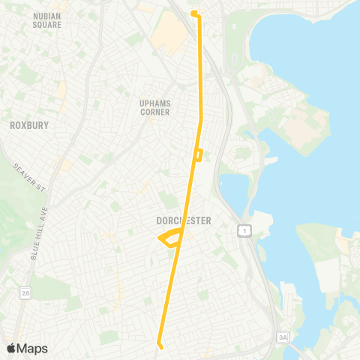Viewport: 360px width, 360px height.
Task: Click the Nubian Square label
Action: click(x=46, y=19)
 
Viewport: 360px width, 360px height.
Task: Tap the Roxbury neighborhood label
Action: click(x=28, y=125)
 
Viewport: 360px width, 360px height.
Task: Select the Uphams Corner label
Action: click(x=154, y=107)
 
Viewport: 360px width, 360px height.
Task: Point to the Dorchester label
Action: click(x=184, y=220)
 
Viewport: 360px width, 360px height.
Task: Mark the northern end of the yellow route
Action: click(x=193, y=13)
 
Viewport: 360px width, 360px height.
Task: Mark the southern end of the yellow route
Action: click(x=159, y=345)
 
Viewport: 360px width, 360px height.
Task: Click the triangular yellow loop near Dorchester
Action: click(x=170, y=239)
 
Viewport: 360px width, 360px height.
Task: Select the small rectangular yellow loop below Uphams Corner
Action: click(x=197, y=154)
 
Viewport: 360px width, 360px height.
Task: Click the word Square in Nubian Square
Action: click(x=46, y=24)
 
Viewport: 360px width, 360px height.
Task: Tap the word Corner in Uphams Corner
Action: click(x=154, y=112)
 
